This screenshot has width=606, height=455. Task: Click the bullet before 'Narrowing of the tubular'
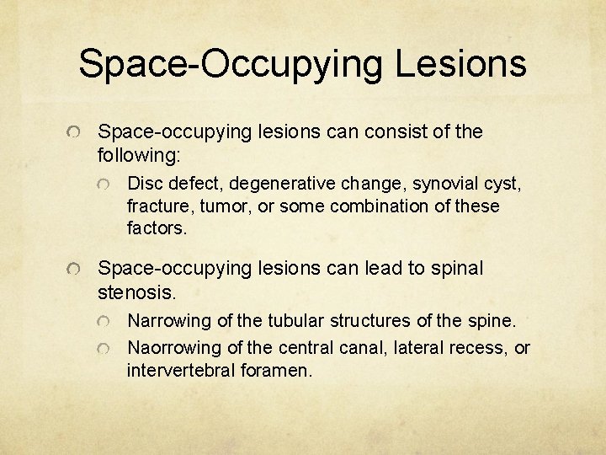[x=104, y=323]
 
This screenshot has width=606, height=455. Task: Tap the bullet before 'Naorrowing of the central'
[x=104, y=349]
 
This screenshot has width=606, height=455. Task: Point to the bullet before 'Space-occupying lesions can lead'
[x=75, y=270]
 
